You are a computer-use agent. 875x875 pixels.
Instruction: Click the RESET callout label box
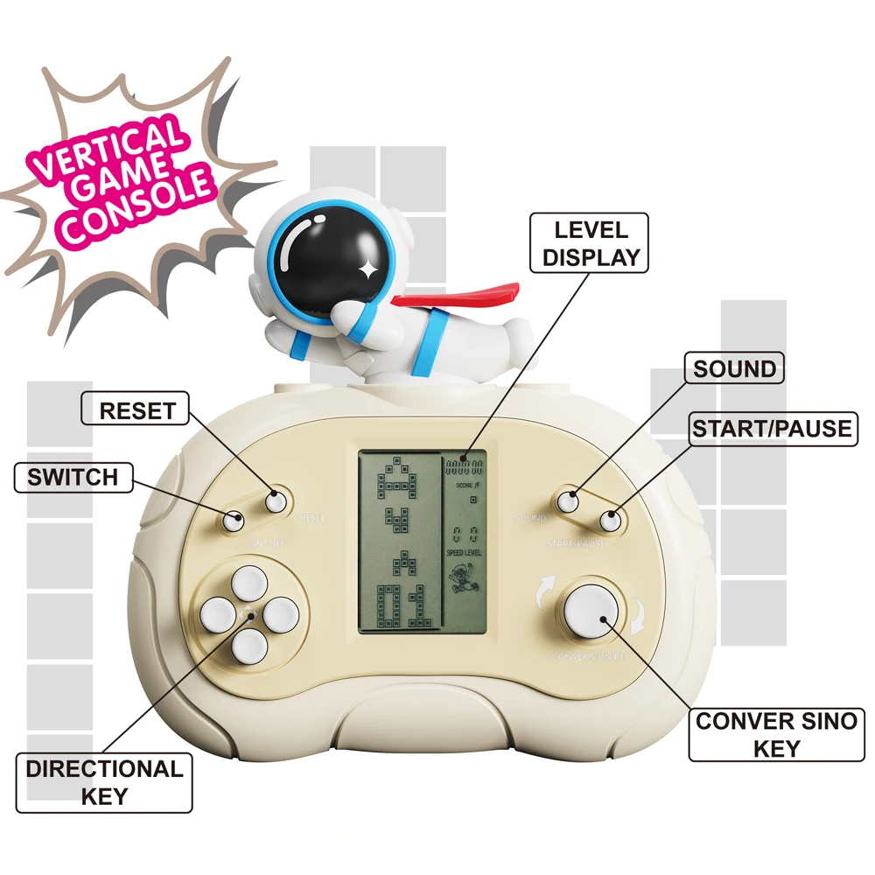click(x=135, y=409)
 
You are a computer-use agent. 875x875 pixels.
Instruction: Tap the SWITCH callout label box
click(x=72, y=477)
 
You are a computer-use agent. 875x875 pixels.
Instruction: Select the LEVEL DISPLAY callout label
click(x=591, y=244)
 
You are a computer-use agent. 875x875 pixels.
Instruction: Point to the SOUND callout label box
click(x=734, y=369)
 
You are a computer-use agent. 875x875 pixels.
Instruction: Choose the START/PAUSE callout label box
click(x=770, y=429)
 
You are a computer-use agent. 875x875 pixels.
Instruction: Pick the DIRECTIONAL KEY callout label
click(x=104, y=782)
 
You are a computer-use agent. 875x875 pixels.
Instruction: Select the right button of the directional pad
click(x=282, y=614)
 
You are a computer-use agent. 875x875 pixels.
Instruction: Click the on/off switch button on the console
click(x=233, y=520)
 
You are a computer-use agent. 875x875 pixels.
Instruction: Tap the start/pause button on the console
click(x=610, y=521)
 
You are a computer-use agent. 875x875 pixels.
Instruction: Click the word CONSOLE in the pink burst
click(x=140, y=208)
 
